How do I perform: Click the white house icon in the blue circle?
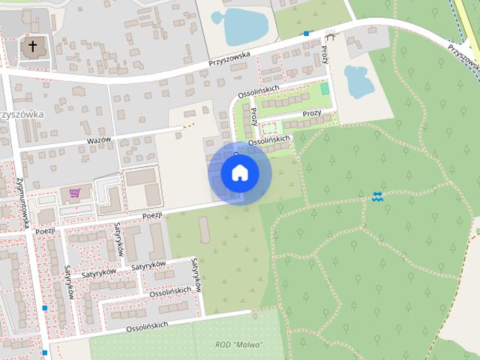240,172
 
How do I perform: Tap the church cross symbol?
31,48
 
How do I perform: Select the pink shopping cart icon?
74,193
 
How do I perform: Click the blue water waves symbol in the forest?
376,196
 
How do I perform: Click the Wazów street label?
98,141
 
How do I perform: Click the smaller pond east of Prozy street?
358,81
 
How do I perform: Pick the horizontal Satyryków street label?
148,265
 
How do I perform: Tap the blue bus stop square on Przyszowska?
306,34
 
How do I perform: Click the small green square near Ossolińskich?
325,88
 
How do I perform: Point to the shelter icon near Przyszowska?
331,34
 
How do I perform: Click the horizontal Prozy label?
312,114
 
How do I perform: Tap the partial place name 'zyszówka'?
22,114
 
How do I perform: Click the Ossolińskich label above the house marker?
268,140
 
